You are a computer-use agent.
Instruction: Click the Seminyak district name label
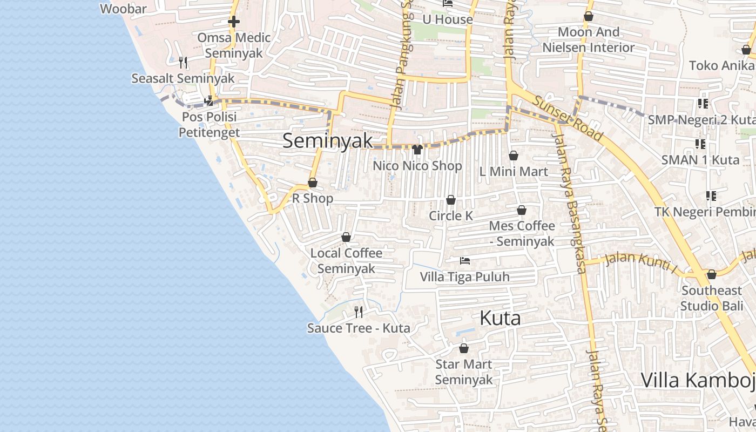pos(327,141)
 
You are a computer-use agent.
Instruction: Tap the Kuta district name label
pos(500,319)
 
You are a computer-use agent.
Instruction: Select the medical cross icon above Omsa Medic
pos(234,22)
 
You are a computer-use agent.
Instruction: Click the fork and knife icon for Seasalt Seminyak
pos(183,63)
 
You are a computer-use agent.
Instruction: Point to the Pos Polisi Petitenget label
pos(210,124)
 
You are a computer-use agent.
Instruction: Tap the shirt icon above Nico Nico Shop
pos(417,150)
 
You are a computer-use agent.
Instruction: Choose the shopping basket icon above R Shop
pos(313,183)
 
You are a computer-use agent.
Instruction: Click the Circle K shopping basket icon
pos(451,200)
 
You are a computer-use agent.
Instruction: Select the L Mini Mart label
pos(514,172)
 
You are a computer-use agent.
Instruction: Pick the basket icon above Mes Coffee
pos(522,210)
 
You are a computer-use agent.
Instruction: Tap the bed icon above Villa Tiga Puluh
pos(464,261)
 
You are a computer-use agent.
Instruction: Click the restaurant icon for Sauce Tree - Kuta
pos(358,312)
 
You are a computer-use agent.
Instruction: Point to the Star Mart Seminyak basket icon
pos(463,348)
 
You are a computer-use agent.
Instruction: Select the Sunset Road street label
pos(568,119)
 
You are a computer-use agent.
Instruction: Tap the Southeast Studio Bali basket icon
pos(712,274)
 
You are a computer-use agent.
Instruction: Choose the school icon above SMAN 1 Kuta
pos(700,144)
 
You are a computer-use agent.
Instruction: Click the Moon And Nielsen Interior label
pos(589,40)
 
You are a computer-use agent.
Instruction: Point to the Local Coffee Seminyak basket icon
pos(346,237)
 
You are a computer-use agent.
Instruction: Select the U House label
pos(448,19)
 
